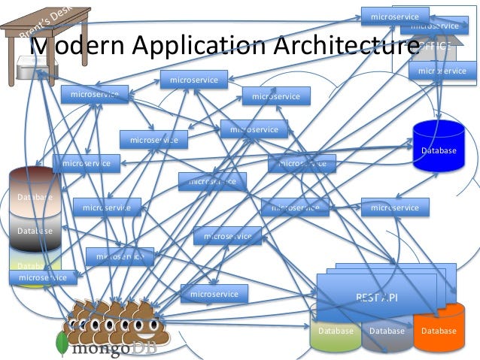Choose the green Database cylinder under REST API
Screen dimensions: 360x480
(x=336, y=331)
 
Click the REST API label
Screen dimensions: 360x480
(x=376, y=298)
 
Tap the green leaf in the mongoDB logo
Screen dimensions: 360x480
(x=62, y=343)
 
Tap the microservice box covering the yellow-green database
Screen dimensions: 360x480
(x=43, y=278)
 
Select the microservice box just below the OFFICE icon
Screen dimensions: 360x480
(x=442, y=71)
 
